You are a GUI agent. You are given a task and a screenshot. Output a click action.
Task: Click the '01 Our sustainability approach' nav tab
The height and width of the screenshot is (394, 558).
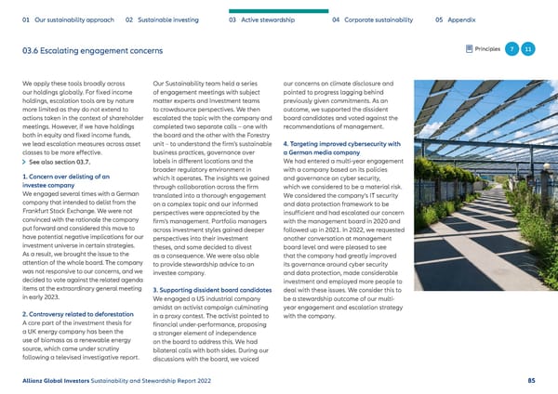(63, 19)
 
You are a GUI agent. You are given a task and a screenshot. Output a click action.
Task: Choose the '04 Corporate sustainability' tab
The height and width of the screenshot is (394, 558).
(379, 19)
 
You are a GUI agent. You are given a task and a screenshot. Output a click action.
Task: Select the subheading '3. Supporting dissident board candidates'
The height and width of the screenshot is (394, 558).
(212, 292)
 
